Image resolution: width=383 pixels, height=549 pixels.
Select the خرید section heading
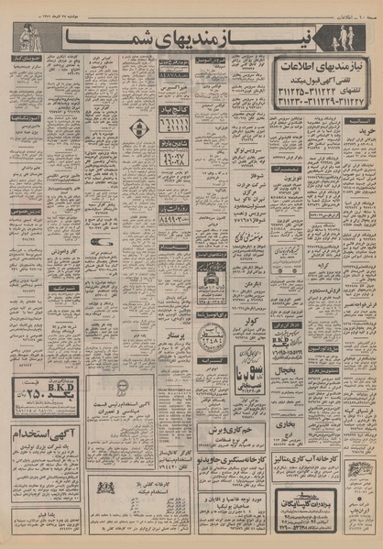point(362,106)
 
